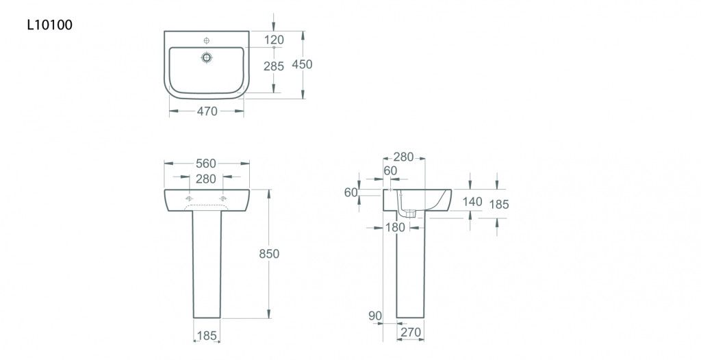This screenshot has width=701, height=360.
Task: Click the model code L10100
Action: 49,25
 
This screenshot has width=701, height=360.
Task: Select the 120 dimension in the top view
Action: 274,40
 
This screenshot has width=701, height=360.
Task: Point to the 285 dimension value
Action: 274,66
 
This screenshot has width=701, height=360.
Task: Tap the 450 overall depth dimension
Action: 302,64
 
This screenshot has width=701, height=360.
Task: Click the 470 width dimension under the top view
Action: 207,111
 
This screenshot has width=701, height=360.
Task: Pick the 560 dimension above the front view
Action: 205,164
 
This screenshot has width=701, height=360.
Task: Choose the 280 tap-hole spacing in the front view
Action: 205,179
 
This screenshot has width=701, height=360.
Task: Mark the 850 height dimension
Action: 269,253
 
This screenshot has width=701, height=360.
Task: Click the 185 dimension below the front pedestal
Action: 207,336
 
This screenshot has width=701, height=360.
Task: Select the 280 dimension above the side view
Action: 404,157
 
